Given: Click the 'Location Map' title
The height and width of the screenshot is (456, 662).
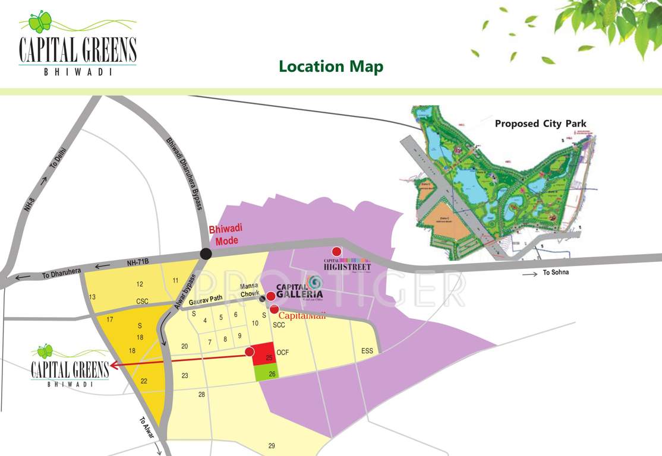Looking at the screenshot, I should [331, 66].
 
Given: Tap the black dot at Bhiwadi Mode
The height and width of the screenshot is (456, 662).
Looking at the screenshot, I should [206, 254].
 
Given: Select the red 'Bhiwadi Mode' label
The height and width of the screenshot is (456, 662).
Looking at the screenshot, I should [225, 235].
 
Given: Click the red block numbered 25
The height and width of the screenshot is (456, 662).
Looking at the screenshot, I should [263, 354].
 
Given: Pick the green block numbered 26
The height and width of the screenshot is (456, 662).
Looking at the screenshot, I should [265, 373].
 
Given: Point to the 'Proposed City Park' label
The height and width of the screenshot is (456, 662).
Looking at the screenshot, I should [540, 124].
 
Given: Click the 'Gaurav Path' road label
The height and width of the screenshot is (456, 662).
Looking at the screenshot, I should [205, 300].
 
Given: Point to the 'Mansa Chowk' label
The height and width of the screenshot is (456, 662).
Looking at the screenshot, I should [250, 289].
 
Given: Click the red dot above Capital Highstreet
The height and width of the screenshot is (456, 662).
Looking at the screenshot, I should [337, 251].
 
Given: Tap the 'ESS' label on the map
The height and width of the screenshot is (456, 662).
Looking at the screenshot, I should [367, 351].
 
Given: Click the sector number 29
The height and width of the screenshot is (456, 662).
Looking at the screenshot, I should [272, 446].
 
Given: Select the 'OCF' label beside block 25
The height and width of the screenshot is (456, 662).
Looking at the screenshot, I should [283, 353].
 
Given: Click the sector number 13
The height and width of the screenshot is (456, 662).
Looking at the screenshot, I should [92, 297].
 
